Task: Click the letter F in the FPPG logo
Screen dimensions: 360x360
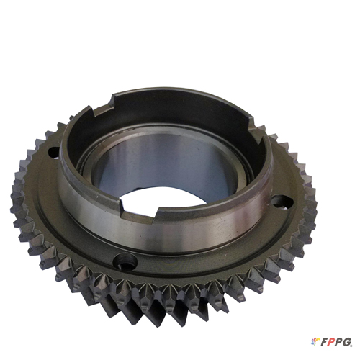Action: click(324, 342)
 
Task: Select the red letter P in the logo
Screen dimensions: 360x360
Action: click(332, 342)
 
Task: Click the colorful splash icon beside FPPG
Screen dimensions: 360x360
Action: click(315, 341)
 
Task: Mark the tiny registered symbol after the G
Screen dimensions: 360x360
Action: click(352, 345)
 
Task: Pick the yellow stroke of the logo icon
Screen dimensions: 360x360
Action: click(317, 340)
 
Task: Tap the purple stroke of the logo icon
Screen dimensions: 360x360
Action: click(313, 343)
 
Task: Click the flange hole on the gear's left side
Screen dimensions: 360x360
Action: click(53, 152)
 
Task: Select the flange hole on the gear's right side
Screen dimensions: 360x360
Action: click(282, 202)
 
